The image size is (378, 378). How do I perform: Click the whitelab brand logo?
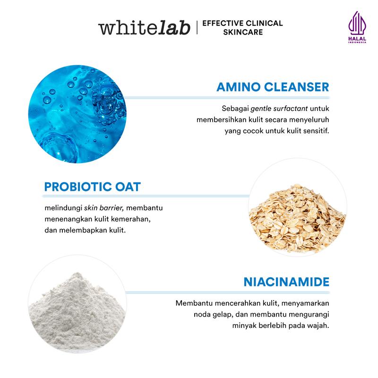tap(144, 27)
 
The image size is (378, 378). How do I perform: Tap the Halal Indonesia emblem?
tap(357, 27)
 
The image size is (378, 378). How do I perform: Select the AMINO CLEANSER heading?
tap(273, 87)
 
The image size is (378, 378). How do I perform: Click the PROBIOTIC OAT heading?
tap(92, 187)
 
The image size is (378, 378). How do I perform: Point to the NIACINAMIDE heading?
tap(286, 282)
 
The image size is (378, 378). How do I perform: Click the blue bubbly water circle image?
tap(77, 114)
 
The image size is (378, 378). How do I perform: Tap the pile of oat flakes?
tap(297, 218)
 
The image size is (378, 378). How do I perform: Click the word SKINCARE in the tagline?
tap(243, 32)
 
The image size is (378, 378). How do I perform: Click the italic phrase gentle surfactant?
tap(279, 109)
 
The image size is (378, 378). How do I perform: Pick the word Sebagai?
tap(235, 109)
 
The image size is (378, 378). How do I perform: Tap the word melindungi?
tap(63, 208)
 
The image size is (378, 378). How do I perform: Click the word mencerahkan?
tap(238, 303)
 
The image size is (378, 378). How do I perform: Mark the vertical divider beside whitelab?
tap(197, 27)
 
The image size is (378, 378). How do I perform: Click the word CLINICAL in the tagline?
tap(265, 23)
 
